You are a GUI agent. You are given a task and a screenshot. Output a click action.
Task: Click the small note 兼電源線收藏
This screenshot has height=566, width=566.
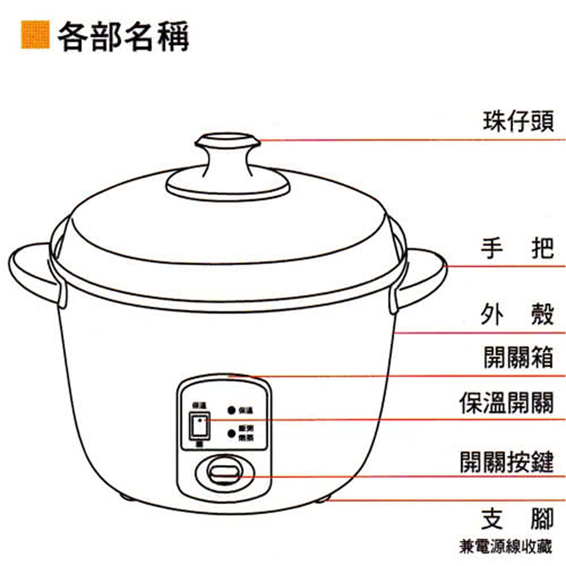click(x=505, y=547)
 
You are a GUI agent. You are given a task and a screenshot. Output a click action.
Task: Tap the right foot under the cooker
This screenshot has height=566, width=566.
click(x=323, y=498)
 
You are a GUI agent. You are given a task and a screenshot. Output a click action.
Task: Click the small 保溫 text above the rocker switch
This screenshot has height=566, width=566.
click(x=199, y=405)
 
